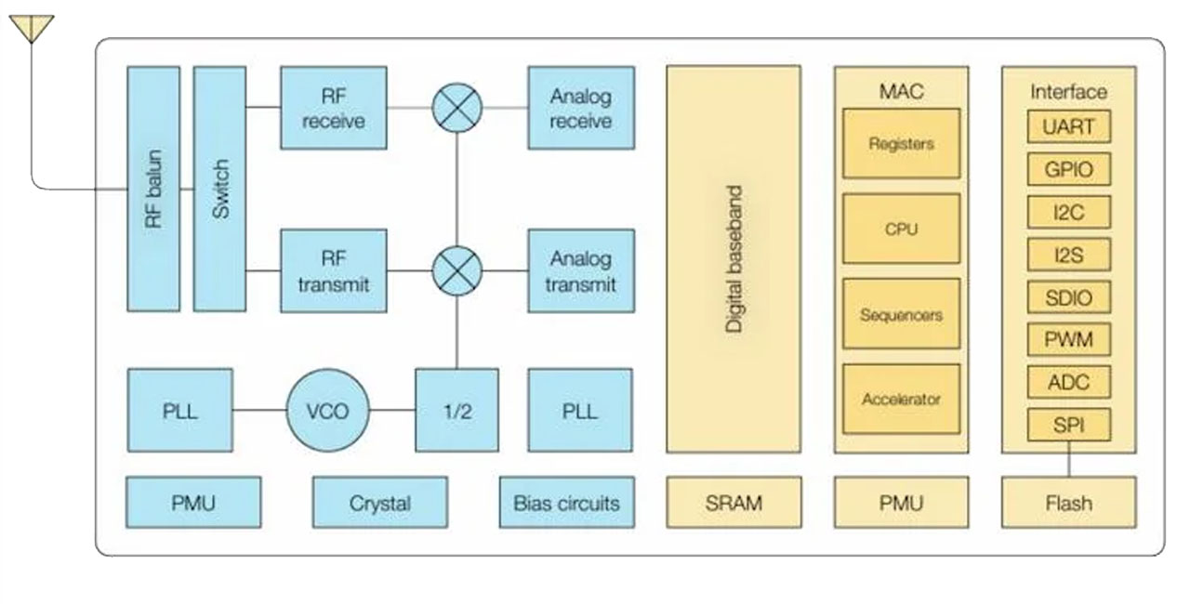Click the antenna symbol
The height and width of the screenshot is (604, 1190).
pyautogui.click(x=32, y=29)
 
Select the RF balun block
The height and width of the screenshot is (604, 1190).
pyautogui.click(x=153, y=189)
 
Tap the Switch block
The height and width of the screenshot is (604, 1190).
pyautogui.click(x=220, y=189)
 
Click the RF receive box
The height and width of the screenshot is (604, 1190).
pyautogui.click(x=333, y=108)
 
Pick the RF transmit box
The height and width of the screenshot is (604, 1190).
pyautogui.click(x=333, y=270)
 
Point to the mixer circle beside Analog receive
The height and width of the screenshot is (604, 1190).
pyautogui.click(x=457, y=108)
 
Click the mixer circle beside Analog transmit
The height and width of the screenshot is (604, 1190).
pyautogui.click(x=457, y=270)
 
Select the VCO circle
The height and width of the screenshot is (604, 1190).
pyautogui.click(x=327, y=410)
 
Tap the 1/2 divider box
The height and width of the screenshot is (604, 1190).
pyautogui.click(x=456, y=410)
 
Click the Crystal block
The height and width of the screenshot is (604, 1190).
pyautogui.click(x=379, y=503)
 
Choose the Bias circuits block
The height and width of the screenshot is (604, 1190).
pyautogui.click(x=566, y=503)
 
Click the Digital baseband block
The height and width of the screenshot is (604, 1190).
pyautogui.click(x=734, y=258)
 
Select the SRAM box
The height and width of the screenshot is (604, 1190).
pyautogui.click(x=734, y=503)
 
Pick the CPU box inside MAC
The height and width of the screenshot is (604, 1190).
pyautogui.click(x=901, y=229)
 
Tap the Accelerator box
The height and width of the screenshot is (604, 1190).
pyautogui.click(x=901, y=400)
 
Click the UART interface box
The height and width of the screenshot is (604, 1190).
pyautogui.click(x=1068, y=126)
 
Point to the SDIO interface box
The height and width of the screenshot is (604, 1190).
pyautogui.click(x=1068, y=297)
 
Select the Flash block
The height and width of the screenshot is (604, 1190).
pyautogui.click(x=1068, y=503)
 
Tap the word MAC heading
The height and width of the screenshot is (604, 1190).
pyautogui.click(x=901, y=91)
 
